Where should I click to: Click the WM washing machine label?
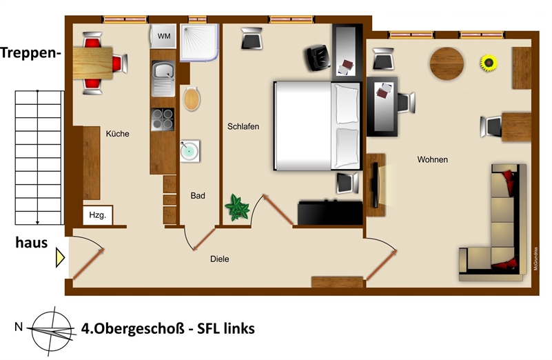click(x=164, y=36)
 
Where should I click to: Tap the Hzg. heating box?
click(x=98, y=215)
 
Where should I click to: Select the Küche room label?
click(x=118, y=134)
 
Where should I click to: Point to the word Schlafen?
click(x=243, y=126)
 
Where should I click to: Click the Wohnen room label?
click(x=433, y=159)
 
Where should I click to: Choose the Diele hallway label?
click(x=220, y=259)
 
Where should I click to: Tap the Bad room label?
click(x=198, y=196)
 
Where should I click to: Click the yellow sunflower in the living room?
click(x=489, y=63)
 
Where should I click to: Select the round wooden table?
click(x=447, y=63)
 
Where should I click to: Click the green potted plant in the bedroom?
click(x=237, y=208)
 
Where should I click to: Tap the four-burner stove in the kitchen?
click(x=163, y=119)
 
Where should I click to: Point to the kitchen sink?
click(x=163, y=78)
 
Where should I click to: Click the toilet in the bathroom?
click(x=192, y=99)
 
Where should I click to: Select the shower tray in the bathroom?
click(x=200, y=43)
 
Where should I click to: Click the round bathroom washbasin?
click(x=190, y=151)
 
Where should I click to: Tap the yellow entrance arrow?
click(x=60, y=258)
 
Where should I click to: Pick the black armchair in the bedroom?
click(x=317, y=58)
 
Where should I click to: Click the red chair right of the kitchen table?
click(x=120, y=63)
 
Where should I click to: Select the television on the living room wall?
click(x=376, y=185)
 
